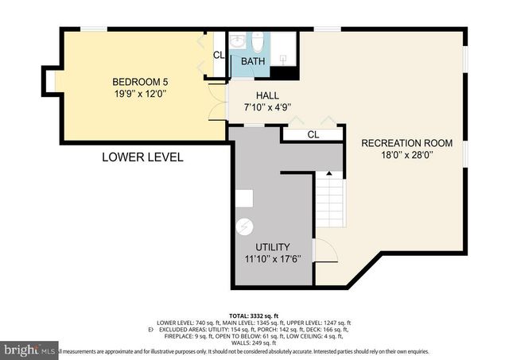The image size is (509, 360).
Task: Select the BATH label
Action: [x=253, y=61]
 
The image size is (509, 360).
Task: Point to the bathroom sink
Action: [x=239, y=41]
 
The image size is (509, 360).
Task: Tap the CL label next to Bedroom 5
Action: [x=218, y=55]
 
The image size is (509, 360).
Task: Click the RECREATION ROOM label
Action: [x=406, y=143]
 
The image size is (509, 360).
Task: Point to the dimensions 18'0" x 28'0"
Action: [x=406, y=156]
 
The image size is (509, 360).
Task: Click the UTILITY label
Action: [x=273, y=247]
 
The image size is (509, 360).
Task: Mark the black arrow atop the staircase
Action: [x=329, y=174]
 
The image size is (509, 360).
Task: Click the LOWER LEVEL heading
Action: [x=142, y=157]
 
